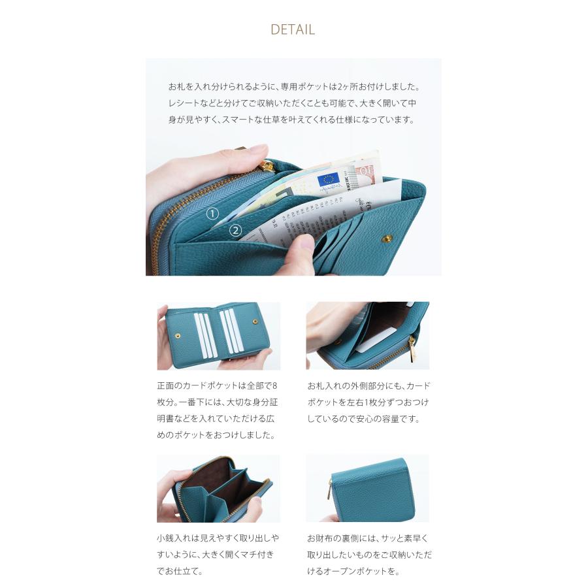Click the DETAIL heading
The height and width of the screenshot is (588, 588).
(x=293, y=29)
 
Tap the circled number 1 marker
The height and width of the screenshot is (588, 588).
(x=212, y=214)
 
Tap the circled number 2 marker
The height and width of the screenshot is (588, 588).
(x=236, y=230)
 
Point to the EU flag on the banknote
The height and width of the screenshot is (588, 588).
(x=327, y=178)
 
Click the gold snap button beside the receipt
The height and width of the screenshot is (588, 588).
(x=385, y=239)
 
